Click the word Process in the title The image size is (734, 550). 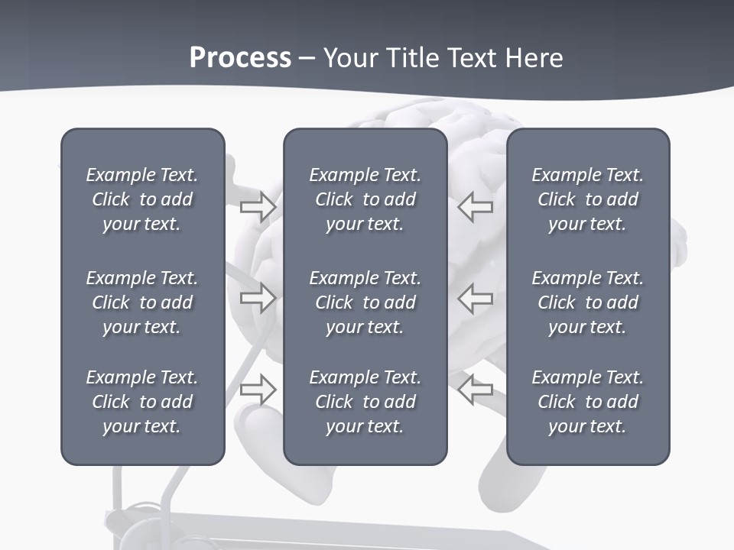click(x=240, y=58)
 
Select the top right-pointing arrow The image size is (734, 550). click(x=258, y=206)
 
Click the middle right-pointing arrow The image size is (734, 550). click(x=258, y=297)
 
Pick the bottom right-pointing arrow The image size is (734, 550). click(x=258, y=389)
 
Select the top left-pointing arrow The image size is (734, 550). click(x=476, y=206)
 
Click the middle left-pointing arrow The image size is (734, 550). click(x=476, y=297)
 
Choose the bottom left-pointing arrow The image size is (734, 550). click(x=476, y=389)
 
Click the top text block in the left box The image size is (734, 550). click(x=142, y=199)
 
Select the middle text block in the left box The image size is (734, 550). click(x=142, y=302)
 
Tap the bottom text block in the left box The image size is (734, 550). click(x=142, y=402)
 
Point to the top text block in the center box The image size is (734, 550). click(x=365, y=199)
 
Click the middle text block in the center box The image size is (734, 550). click(x=365, y=302)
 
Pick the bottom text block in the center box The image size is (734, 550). click(x=365, y=402)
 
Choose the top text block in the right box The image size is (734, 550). click(x=587, y=199)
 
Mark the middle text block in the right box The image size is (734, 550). click(x=587, y=302)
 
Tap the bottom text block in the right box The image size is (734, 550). click(x=587, y=402)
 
